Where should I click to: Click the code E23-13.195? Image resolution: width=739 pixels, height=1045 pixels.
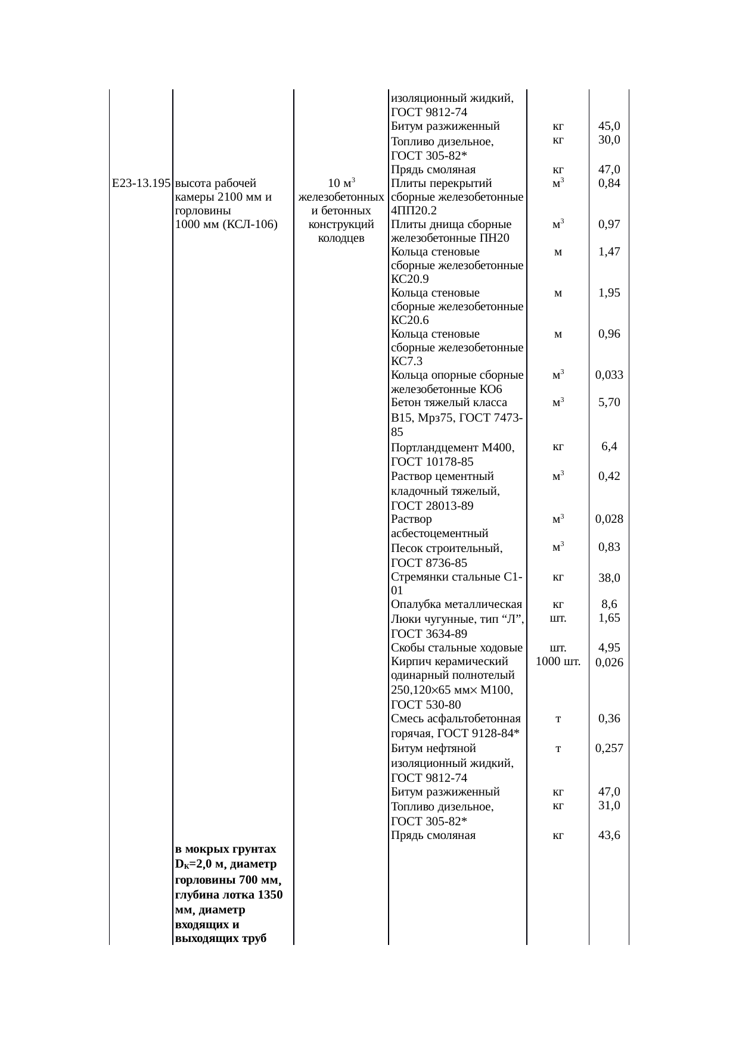tap(141, 183)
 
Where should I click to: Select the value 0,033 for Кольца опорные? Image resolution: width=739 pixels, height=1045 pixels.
tap(609, 375)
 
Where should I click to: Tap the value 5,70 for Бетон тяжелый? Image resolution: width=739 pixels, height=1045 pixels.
tap(609, 403)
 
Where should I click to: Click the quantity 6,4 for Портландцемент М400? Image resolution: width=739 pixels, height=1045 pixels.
tap(609, 447)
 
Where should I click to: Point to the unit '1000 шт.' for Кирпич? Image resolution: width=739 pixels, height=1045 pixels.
tap(558, 662)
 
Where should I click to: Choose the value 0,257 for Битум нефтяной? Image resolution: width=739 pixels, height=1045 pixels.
tap(609, 748)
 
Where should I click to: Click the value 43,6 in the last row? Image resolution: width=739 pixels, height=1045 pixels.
tap(609, 835)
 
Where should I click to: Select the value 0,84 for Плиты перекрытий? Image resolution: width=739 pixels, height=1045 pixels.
tap(609, 183)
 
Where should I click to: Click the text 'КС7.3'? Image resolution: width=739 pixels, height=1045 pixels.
tap(407, 361)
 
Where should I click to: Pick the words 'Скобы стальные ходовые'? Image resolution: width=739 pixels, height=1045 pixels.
tap(457, 648)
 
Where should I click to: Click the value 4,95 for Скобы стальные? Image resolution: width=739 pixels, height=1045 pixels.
tap(609, 648)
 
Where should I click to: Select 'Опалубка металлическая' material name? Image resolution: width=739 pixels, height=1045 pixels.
tap(457, 605)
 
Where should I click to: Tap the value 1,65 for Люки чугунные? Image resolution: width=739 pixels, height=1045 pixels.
tap(609, 618)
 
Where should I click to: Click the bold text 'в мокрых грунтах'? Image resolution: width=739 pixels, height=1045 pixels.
tap(226, 849)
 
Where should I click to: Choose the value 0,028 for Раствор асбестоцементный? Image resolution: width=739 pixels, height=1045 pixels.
tap(609, 519)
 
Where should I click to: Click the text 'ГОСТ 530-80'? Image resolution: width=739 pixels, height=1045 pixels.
tap(426, 705)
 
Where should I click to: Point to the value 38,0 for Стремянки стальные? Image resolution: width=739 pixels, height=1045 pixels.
tap(609, 578)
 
